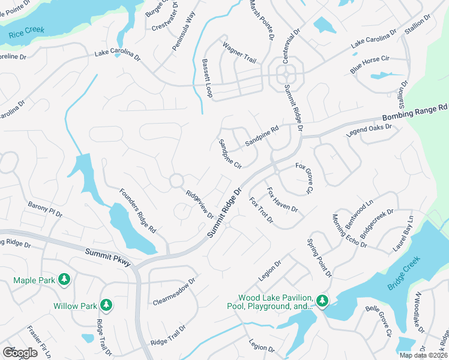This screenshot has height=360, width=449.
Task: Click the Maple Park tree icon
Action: tap(64, 280)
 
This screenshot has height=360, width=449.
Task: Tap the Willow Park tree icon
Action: tap(106, 305)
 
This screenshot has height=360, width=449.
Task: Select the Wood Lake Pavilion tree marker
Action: tap(322, 300)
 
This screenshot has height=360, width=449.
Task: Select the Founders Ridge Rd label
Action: tap(137, 211)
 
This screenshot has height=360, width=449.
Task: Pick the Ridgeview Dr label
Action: tap(200, 205)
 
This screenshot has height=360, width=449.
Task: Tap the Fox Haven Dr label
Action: tap(282, 199)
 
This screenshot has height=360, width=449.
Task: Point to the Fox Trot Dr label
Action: tap(261, 211)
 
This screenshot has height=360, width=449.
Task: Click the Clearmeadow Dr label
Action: tap(174, 292)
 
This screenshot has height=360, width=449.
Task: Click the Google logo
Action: tap(20, 352)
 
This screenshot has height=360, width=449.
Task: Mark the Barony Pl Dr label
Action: tap(45, 209)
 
